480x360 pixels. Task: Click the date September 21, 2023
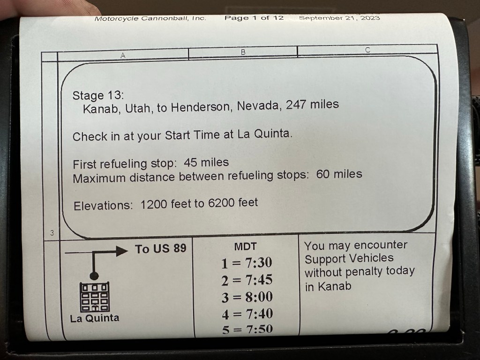point(339,18)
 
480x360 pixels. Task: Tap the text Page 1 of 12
point(254,18)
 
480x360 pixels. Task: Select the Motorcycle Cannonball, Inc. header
point(150,18)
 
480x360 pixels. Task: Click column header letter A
point(123,55)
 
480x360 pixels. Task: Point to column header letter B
point(243,52)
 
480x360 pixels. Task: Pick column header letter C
point(367,50)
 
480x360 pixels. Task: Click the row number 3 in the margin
point(52,232)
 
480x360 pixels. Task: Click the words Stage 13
point(97,96)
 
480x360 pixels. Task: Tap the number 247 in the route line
point(296,105)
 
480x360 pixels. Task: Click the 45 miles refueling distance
point(206,162)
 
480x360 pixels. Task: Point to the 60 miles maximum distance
point(339,174)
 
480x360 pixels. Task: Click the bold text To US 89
point(161,248)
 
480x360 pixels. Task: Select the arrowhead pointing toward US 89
point(122,251)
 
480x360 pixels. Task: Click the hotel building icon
point(95,297)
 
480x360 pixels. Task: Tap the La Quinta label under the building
point(95,318)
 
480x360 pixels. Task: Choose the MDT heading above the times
point(245,247)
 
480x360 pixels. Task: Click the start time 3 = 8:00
point(247,297)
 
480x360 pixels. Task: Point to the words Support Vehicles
point(349,259)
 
